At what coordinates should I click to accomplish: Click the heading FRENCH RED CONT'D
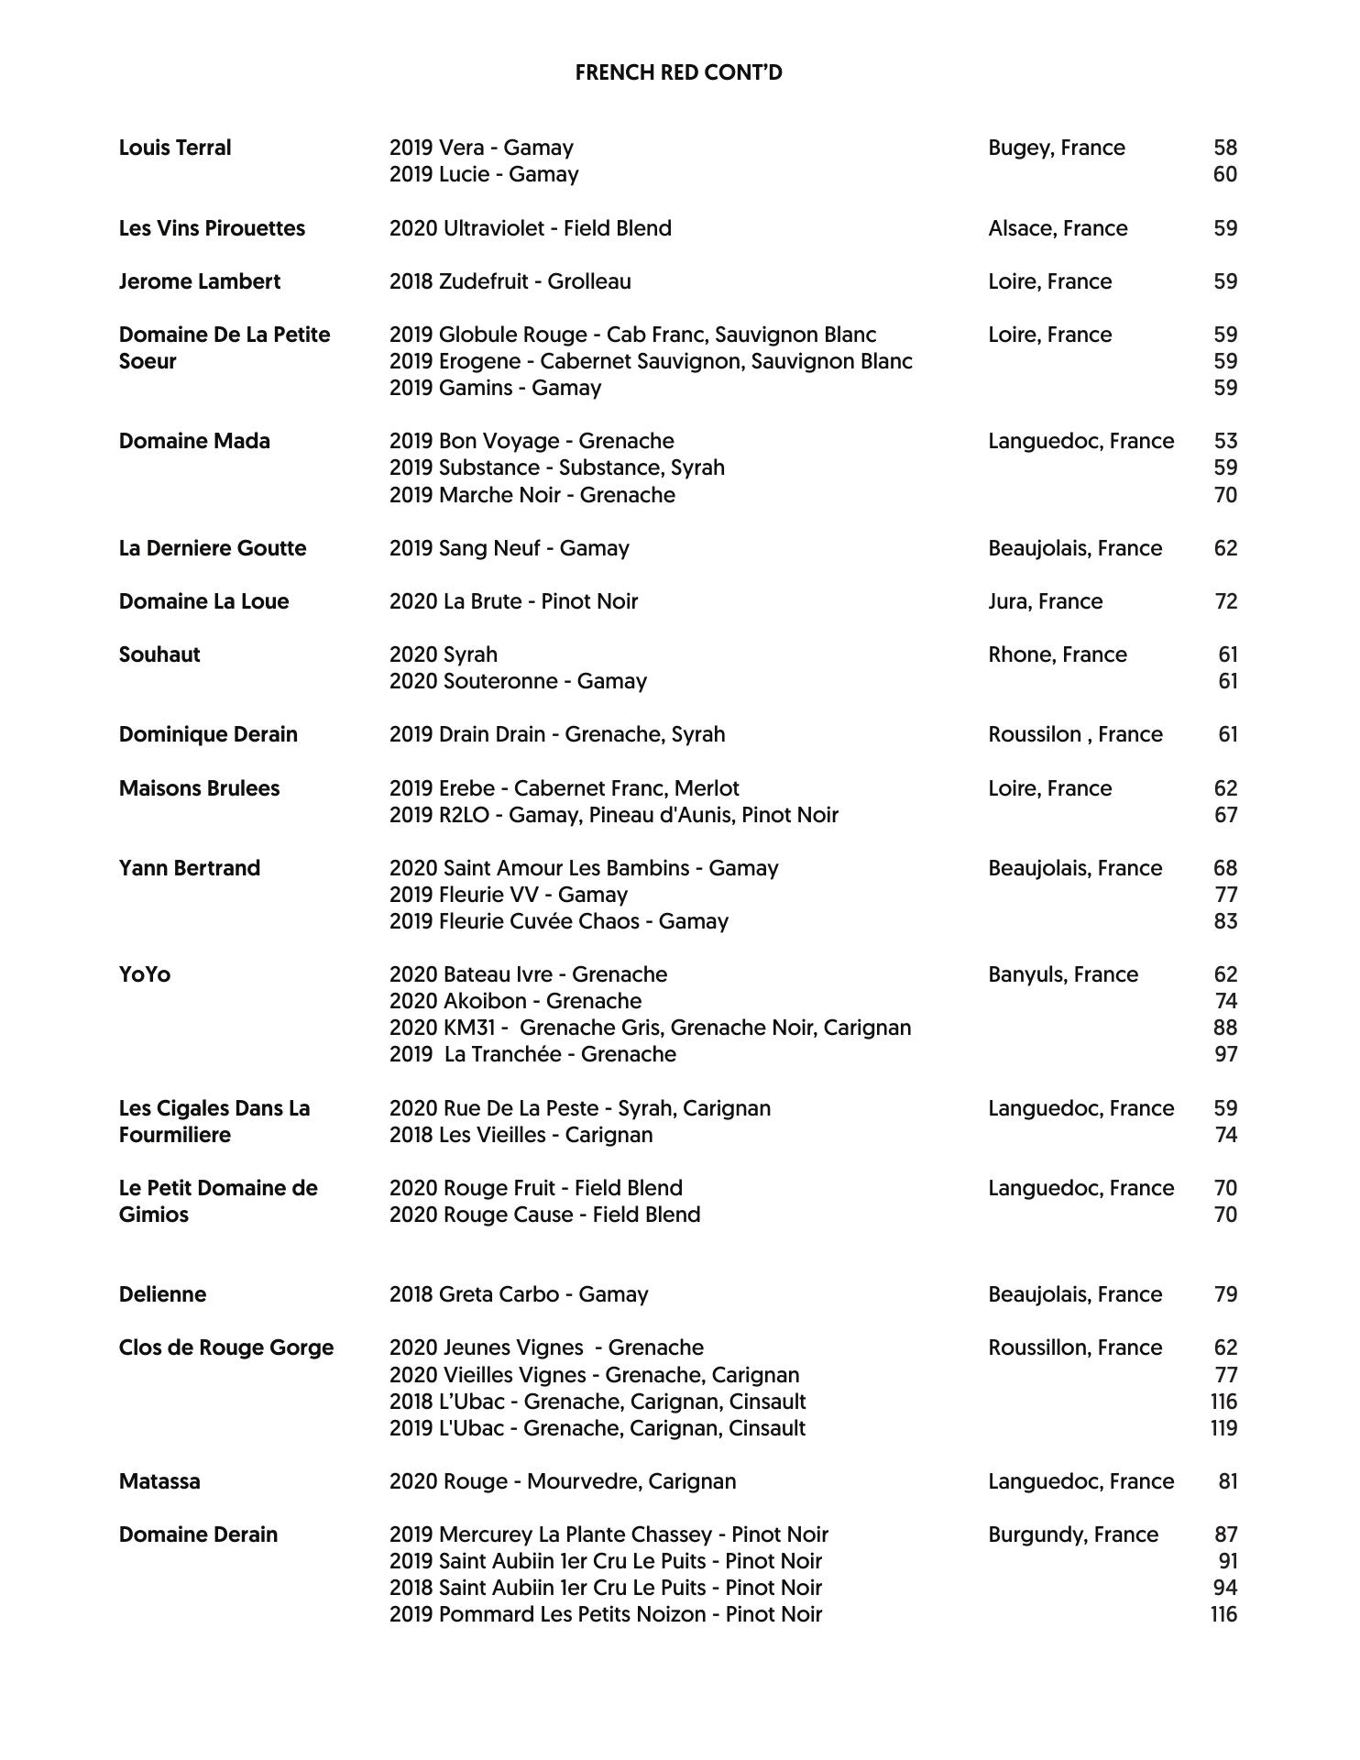(x=678, y=73)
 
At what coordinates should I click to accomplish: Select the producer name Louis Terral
(x=175, y=148)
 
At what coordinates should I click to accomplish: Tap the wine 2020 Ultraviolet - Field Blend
(x=530, y=228)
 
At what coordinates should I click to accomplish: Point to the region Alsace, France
(x=1058, y=228)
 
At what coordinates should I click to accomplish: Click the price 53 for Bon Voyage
(x=1225, y=441)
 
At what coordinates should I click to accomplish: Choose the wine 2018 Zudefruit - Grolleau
(x=510, y=281)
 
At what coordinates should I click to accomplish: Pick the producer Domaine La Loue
(x=203, y=601)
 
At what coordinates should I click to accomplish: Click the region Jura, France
(x=1045, y=601)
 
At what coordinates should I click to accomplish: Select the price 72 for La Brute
(x=1225, y=601)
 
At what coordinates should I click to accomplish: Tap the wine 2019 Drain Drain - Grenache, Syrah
(x=556, y=734)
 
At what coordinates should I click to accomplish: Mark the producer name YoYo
(x=145, y=974)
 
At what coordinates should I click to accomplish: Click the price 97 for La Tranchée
(x=1225, y=1054)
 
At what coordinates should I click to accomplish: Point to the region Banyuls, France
(x=1063, y=974)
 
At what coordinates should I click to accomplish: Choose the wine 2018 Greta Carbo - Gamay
(x=518, y=1294)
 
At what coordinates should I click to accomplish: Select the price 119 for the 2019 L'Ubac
(x=1223, y=1428)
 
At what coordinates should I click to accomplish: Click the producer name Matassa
(x=159, y=1481)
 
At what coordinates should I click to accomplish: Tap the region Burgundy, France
(x=1073, y=1534)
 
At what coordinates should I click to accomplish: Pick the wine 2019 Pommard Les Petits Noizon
(x=605, y=1614)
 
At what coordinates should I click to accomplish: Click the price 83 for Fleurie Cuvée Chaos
(x=1225, y=921)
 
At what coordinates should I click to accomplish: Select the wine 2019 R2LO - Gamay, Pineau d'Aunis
(x=613, y=815)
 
